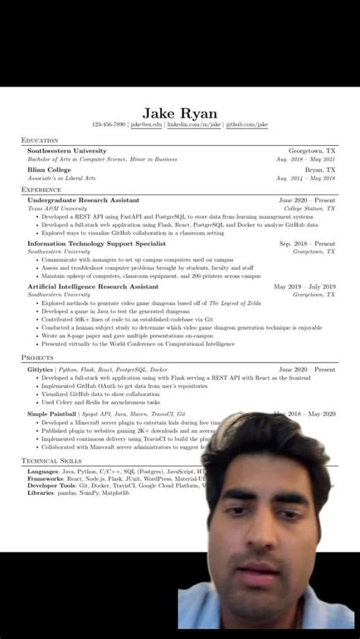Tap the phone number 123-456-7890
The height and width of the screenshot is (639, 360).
point(109,125)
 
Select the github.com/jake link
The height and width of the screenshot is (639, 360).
point(247,125)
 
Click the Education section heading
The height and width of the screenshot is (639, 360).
point(39,141)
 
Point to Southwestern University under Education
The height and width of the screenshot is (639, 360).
point(67,151)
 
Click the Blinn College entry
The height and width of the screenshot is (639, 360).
point(50,170)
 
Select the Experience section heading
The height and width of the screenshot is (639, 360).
point(42,189)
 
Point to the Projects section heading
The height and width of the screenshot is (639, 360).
point(37,356)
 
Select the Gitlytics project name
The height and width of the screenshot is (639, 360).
point(40,369)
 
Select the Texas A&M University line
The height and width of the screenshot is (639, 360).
point(58,207)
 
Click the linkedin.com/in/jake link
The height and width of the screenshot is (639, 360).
point(194,125)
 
